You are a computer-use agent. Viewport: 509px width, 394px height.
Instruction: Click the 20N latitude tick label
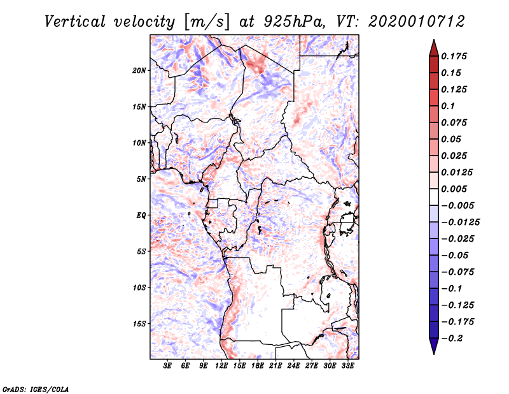click(x=140, y=70)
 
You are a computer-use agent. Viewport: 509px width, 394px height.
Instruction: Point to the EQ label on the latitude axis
click(x=141, y=215)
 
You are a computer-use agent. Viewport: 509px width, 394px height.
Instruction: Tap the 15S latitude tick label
click(x=140, y=324)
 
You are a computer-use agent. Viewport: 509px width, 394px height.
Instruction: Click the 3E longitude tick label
click(x=168, y=366)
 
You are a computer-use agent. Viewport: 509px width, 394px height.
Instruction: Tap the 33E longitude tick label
click(x=347, y=366)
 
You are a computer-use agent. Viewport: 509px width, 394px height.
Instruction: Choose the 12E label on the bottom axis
click(x=221, y=366)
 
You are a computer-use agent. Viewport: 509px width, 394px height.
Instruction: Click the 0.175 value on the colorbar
click(x=456, y=56)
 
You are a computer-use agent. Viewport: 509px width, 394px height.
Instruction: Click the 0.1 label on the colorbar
click(x=449, y=106)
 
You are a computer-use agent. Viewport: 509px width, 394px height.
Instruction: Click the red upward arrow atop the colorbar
click(x=433, y=48)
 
